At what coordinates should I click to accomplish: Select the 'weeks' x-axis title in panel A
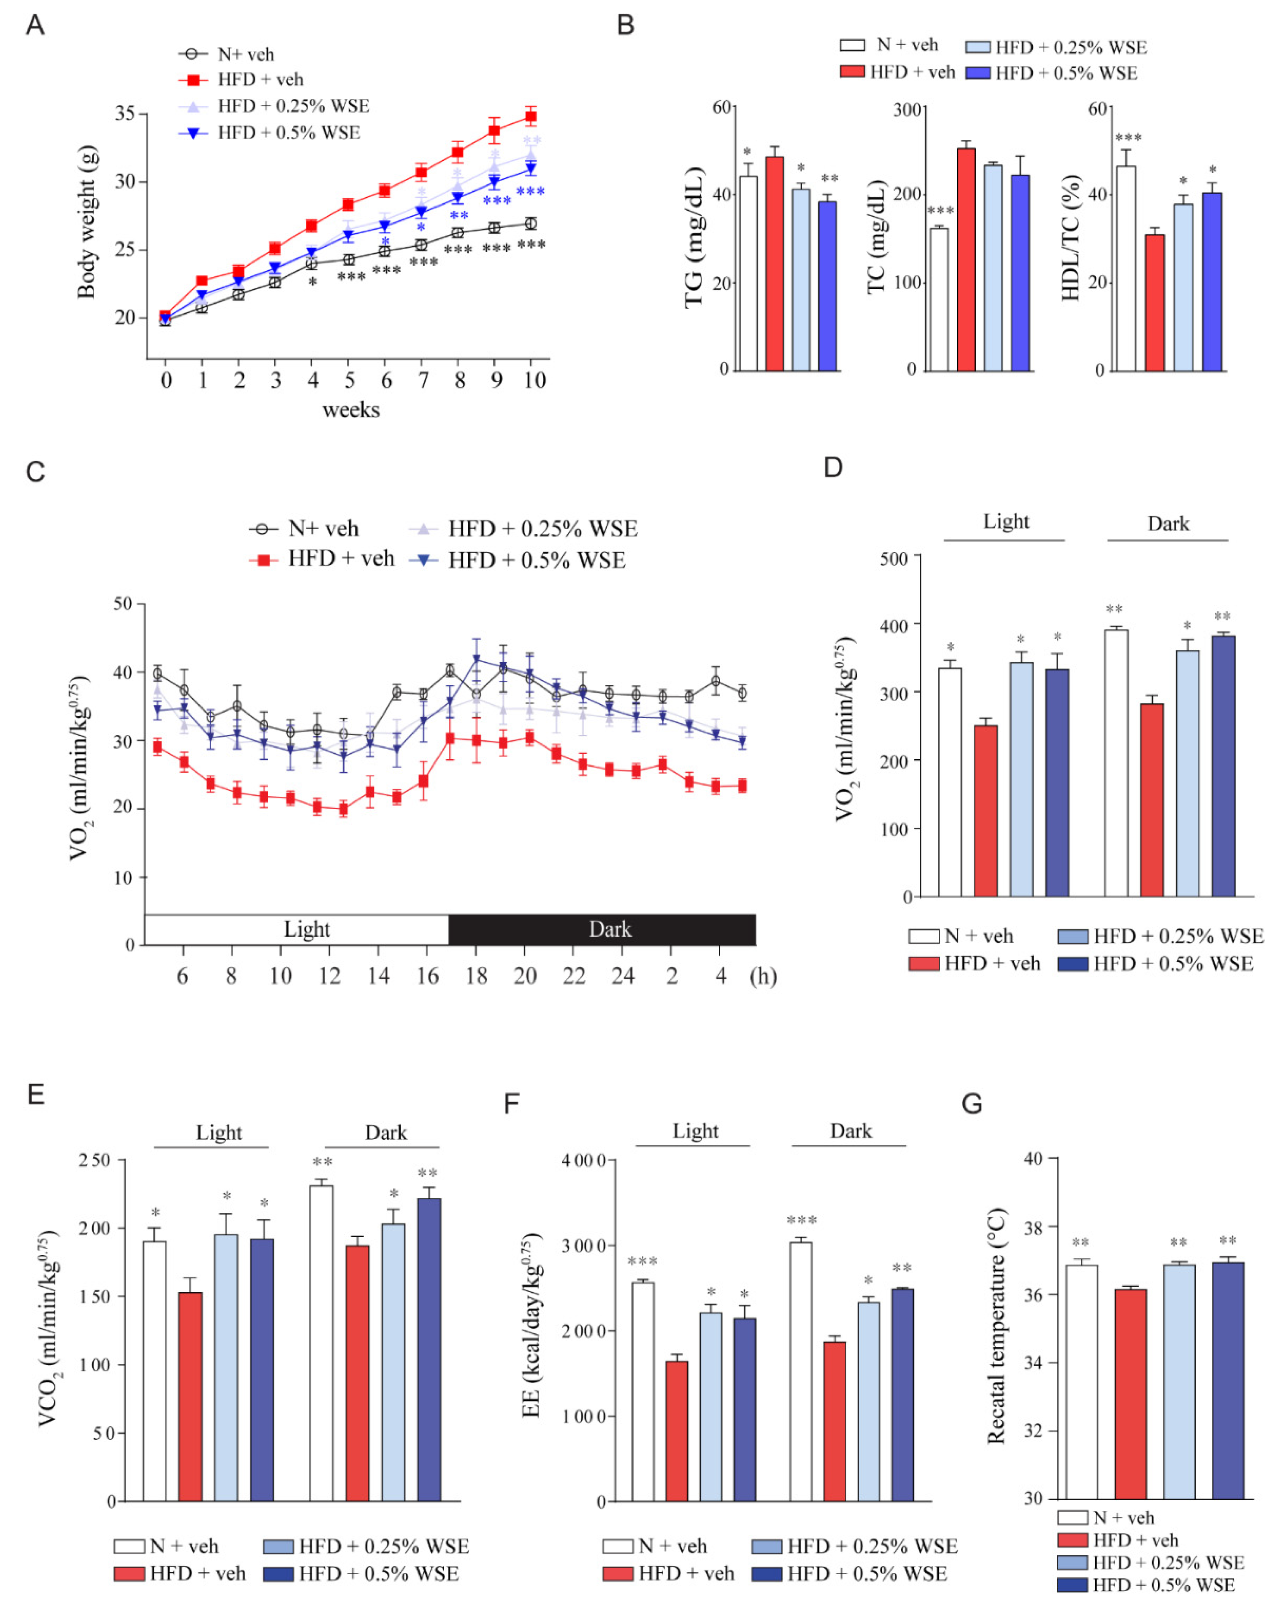pyautogui.click(x=351, y=410)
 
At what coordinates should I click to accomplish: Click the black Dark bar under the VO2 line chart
pyautogui.click(x=602, y=930)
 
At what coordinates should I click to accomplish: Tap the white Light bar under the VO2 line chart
pyautogui.click(x=296, y=930)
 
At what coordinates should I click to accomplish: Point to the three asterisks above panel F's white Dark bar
pyautogui.click(x=802, y=1220)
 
